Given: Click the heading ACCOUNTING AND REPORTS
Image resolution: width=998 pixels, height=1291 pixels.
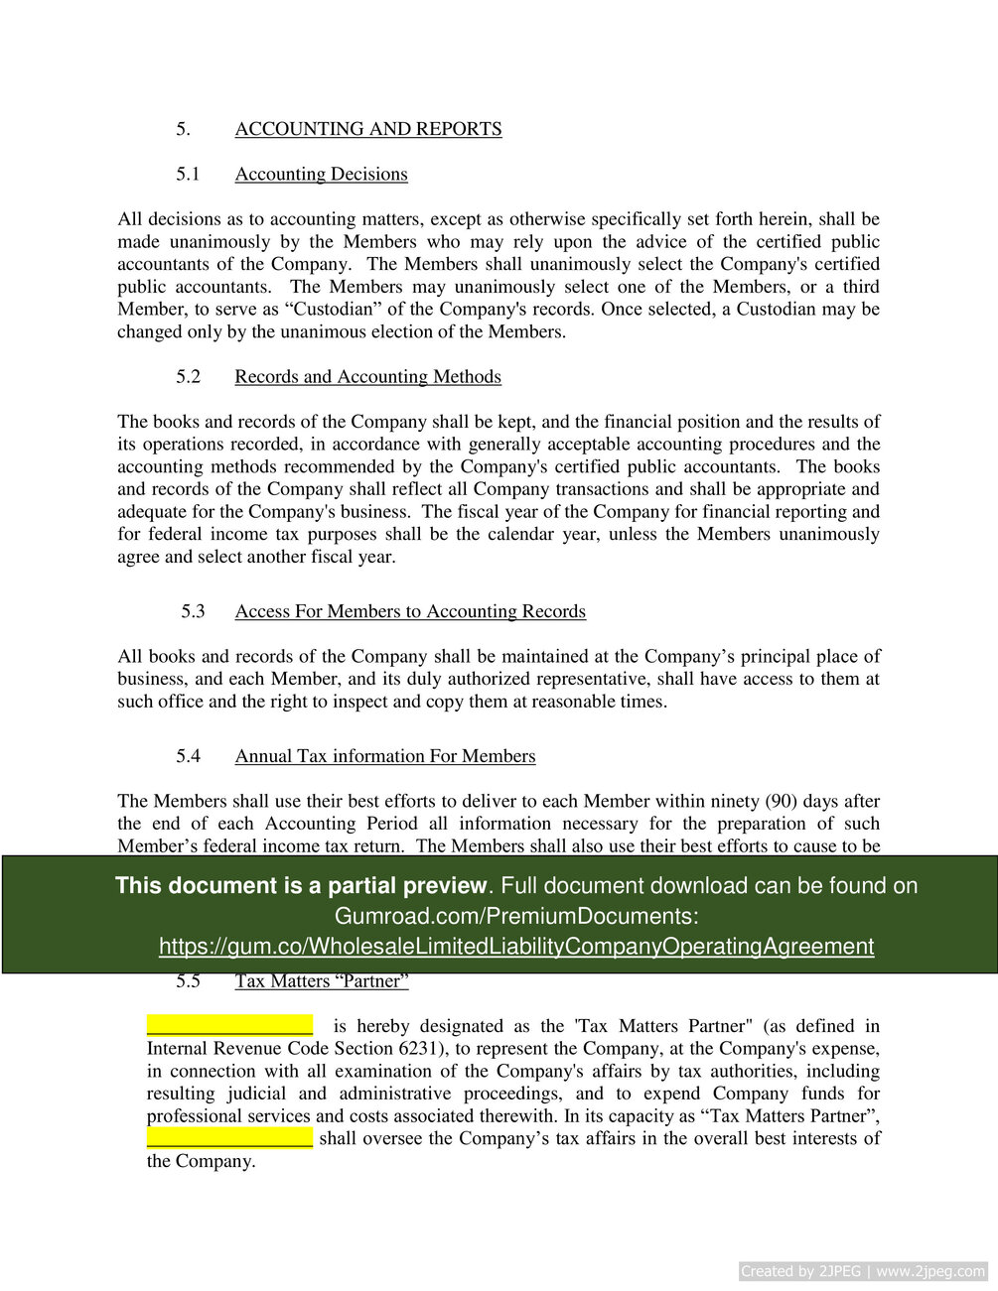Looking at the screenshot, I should pos(367,129).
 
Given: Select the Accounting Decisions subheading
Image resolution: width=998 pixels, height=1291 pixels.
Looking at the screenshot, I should pos(321,175).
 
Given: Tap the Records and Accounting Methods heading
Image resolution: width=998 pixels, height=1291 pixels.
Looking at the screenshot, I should pos(367,377).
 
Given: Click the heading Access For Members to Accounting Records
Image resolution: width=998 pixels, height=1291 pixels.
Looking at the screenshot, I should pos(410,611).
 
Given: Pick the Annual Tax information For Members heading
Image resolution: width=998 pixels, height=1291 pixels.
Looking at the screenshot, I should pos(384,756).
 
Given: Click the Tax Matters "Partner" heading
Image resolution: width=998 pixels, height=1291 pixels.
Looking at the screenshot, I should pos(322,981).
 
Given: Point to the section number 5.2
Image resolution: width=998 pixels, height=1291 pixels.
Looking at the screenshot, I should pos(189,377).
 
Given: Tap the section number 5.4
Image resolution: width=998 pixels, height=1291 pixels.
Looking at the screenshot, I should pos(189,756).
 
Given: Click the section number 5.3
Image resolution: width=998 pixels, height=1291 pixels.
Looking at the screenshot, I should pos(193,611).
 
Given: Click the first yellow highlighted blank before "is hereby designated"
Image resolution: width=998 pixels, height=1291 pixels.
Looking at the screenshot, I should pos(229,1025).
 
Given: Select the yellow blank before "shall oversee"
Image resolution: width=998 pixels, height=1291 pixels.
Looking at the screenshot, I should pos(229,1137).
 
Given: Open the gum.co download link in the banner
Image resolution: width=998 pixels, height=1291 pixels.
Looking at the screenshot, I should pos(516,947).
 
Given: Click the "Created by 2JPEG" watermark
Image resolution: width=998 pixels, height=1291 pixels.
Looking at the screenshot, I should pos(863,1271).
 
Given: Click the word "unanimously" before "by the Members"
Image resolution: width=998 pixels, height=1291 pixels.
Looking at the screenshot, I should pos(219,242).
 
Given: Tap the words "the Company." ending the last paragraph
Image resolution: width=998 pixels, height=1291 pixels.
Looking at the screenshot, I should pos(202,1161).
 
